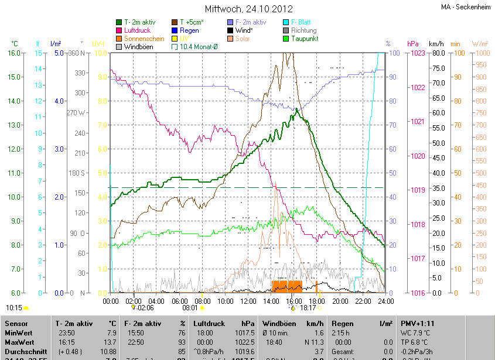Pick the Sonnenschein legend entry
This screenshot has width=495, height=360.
[x=144, y=39]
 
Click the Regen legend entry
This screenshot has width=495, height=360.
[x=189, y=30]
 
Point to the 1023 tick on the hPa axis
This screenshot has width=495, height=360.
[x=417, y=53]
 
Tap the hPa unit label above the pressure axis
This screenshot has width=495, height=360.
[x=413, y=44]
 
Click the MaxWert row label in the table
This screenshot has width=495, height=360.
[x=19, y=341]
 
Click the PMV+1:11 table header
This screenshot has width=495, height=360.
[x=418, y=323]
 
